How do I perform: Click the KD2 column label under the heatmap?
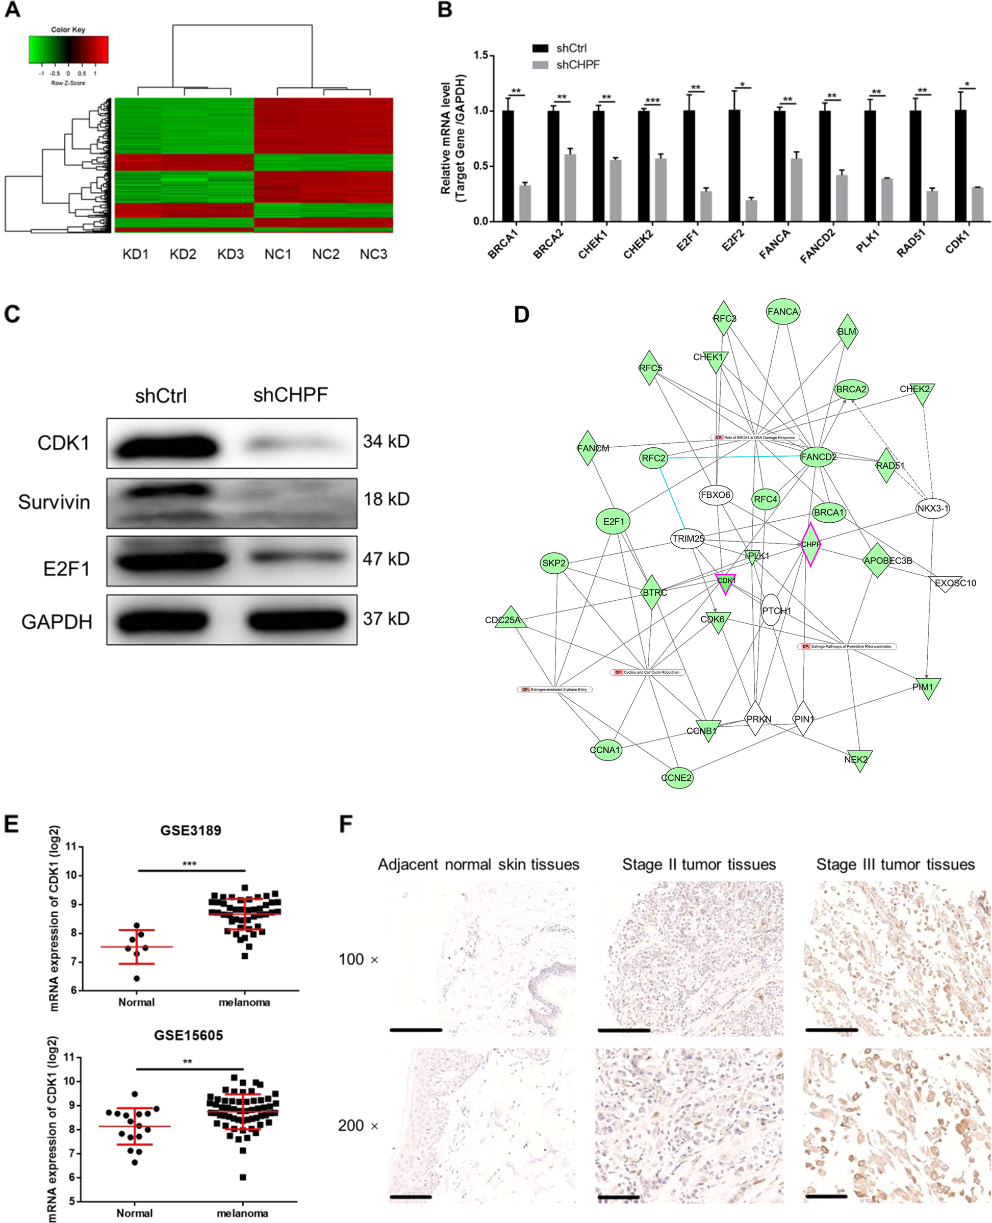pyautogui.click(x=183, y=254)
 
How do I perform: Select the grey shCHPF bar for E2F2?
pyautogui.click(x=751, y=210)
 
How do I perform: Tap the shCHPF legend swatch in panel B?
pyautogui.click(x=540, y=65)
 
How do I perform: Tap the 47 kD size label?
pyautogui.click(x=386, y=558)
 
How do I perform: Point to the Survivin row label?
pyautogui.click(x=54, y=502)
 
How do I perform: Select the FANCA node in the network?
pyautogui.click(x=782, y=312)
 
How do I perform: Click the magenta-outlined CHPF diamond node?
pyautogui.click(x=810, y=544)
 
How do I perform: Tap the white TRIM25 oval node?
pyautogui.click(x=688, y=539)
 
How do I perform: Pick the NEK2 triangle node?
pyautogui.click(x=857, y=759)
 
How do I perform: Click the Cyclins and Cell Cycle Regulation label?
pyautogui.click(x=647, y=672)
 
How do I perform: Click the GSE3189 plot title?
pyautogui.click(x=190, y=830)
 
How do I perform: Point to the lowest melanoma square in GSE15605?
pyautogui.click(x=243, y=1177)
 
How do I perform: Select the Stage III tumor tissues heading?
pyautogui.click(x=895, y=864)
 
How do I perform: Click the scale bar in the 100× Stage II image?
pyautogui.click(x=623, y=1030)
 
